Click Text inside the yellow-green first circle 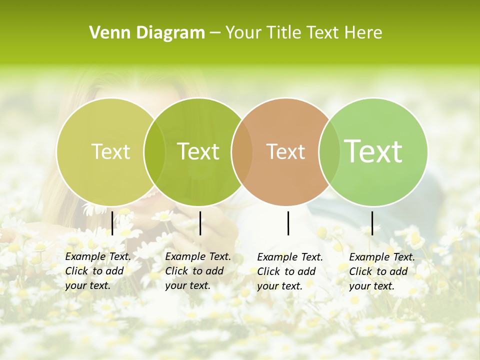[110, 151]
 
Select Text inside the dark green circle [198, 151]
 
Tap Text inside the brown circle [285, 151]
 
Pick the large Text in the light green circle [373, 151]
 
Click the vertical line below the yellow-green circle [112, 223]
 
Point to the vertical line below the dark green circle [200, 223]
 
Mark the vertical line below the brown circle [288, 223]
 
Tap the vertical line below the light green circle [372, 223]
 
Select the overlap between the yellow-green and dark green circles [154, 151]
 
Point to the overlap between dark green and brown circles [241, 151]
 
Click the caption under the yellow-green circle [97, 271]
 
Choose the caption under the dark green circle [197, 271]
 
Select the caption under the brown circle [289, 271]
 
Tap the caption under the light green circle [381, 271]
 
